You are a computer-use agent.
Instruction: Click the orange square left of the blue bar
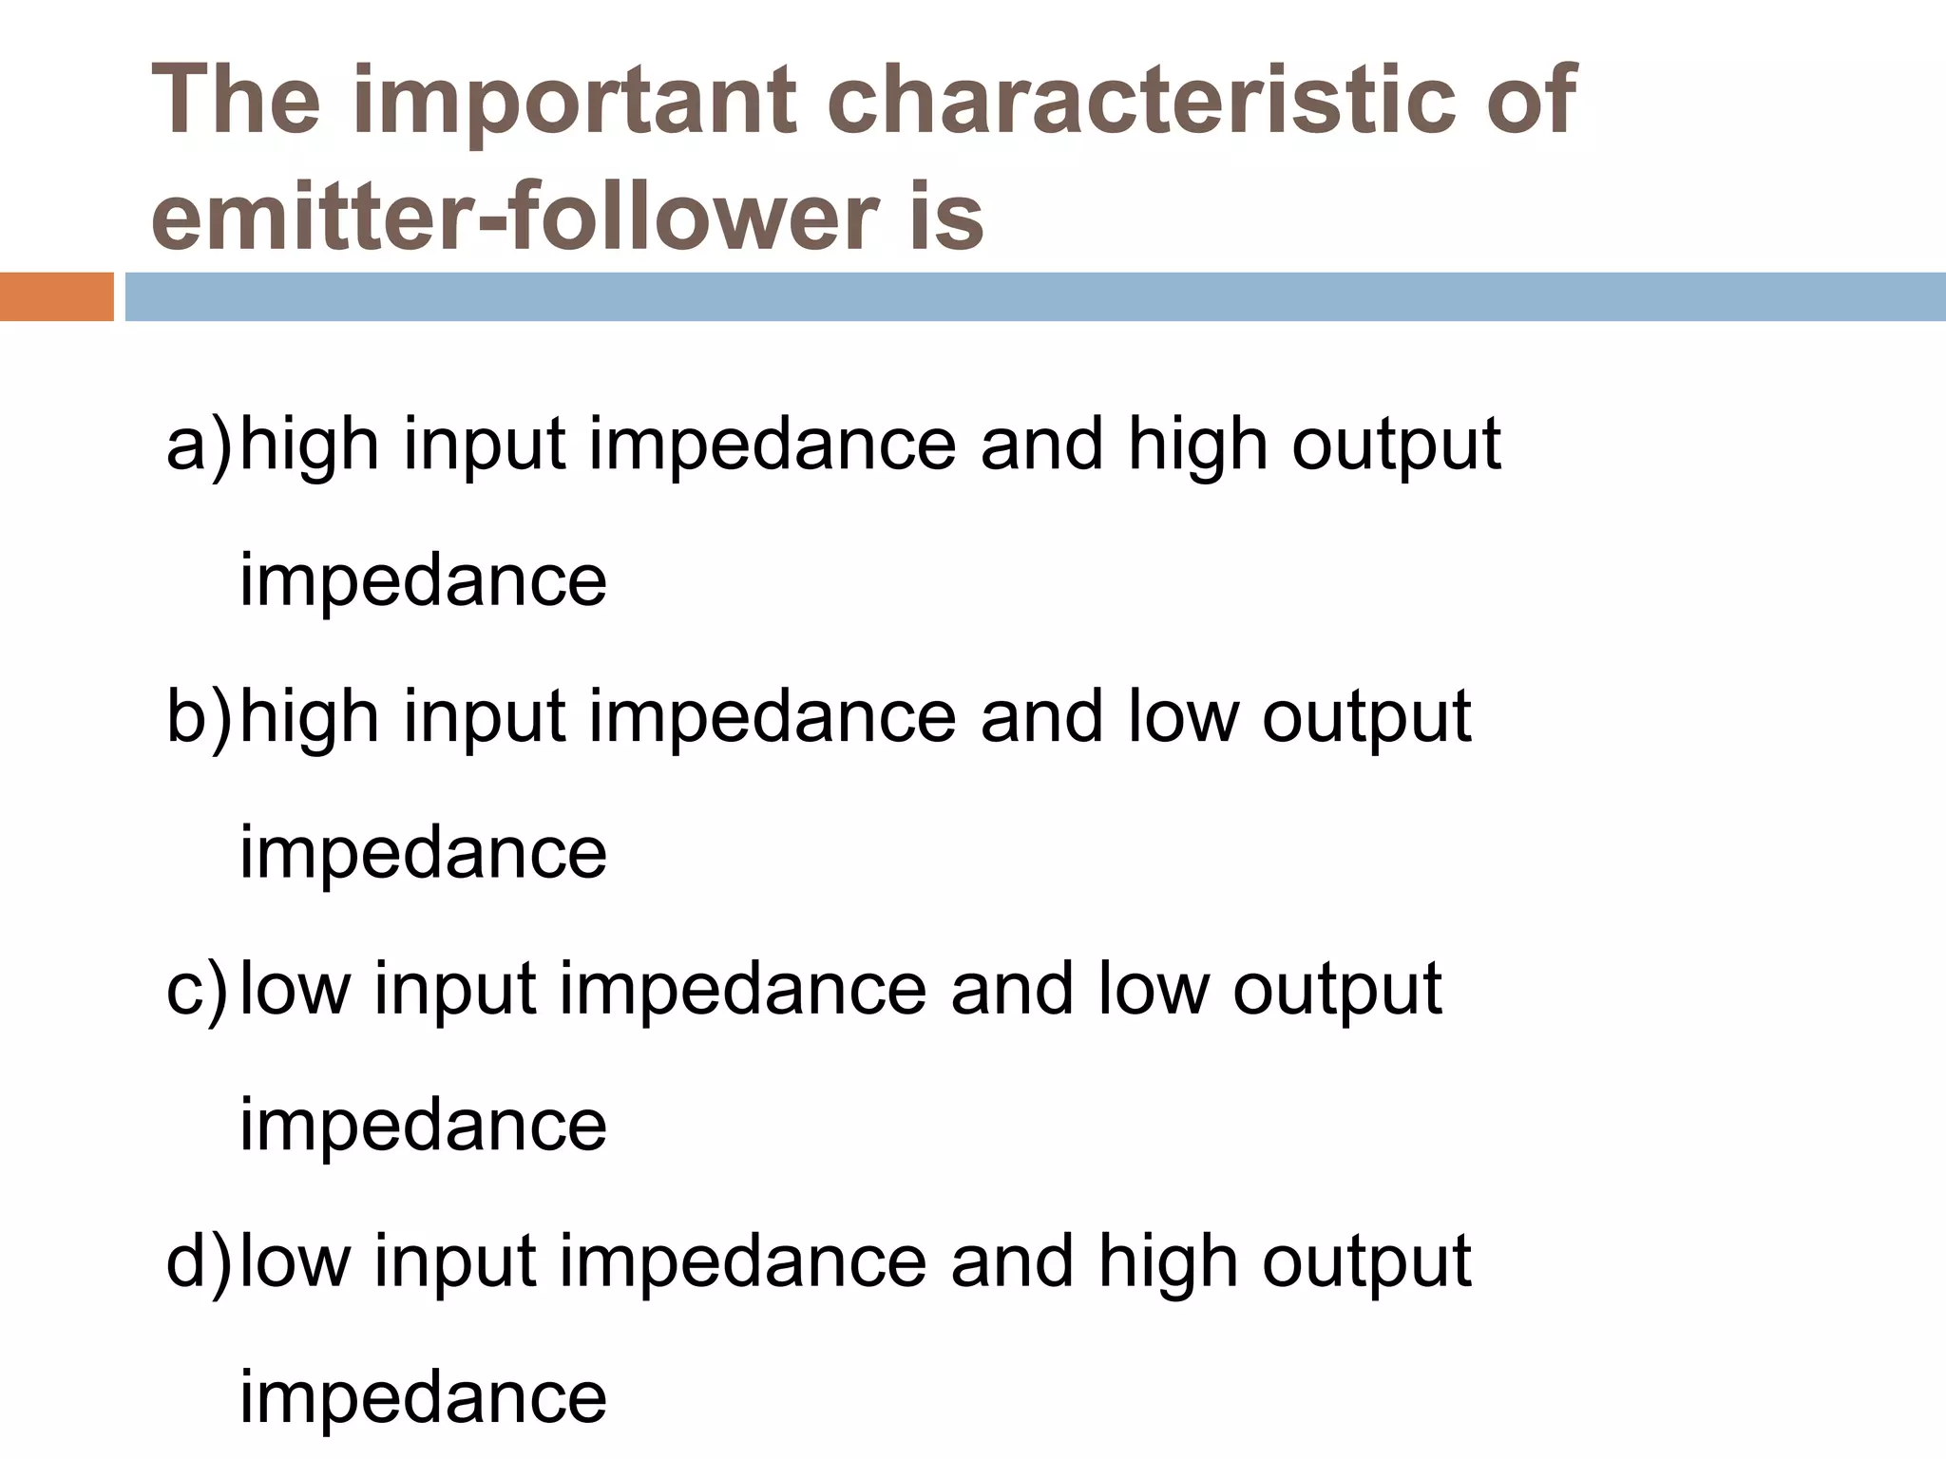pos(56,297)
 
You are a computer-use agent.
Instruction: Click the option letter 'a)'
pos(199,445)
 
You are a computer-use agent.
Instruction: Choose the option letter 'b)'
pos(199,716)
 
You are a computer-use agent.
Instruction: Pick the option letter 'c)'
pos(197,989)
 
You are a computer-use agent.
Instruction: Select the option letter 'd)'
pos(199,1260)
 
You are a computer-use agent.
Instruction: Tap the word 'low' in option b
pos(1183,716)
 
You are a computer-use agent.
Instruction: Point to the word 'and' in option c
pos(1013,989)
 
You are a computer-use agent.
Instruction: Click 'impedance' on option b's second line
pos(423,852)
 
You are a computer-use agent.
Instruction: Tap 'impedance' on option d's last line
pos(423,1396)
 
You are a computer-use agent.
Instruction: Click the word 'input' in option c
pos(456,989)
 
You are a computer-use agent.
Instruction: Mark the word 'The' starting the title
pos(237,99)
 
